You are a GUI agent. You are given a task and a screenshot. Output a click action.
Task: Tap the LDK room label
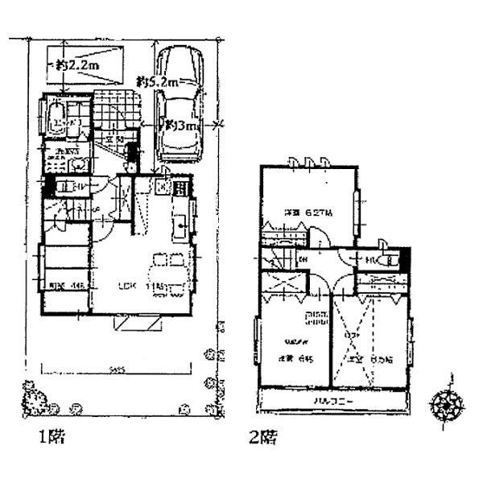[127, 286]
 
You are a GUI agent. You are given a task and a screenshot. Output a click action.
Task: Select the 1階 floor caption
[52, 439]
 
